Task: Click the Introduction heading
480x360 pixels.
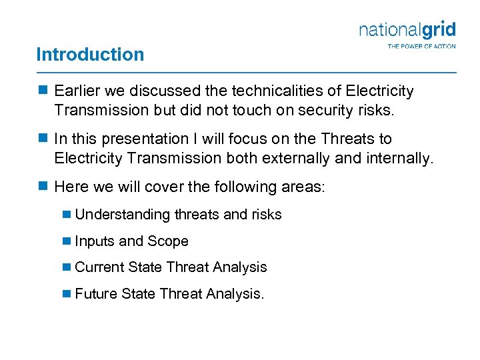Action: click(90, 54)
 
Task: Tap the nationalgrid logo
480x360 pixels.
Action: click(407, 30)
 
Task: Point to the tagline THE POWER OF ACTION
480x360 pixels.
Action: click(421, 46)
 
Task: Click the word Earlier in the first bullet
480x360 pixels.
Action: click(76, 91)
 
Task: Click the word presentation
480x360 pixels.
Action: click(146, 139)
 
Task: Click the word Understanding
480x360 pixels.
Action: click(123, 215)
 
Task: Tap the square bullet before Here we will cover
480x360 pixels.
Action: click(43, 186)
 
